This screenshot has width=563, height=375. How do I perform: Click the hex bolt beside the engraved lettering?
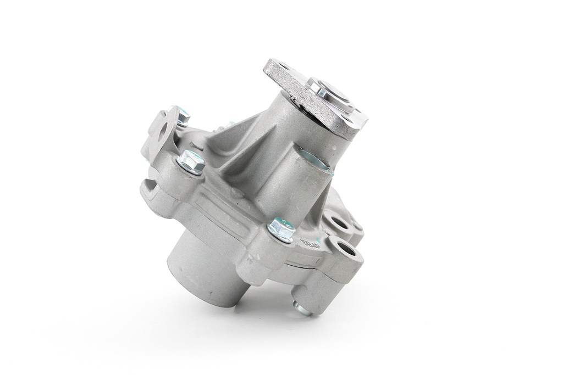[281, 230]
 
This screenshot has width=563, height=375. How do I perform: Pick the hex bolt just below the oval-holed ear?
[191, 163]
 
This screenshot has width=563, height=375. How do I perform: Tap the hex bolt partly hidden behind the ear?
[181, 117]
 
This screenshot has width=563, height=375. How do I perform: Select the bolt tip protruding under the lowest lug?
[301, 309]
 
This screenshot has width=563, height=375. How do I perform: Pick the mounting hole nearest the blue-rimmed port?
[336, 223]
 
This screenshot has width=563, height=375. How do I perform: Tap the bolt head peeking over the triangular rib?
[230, 125]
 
